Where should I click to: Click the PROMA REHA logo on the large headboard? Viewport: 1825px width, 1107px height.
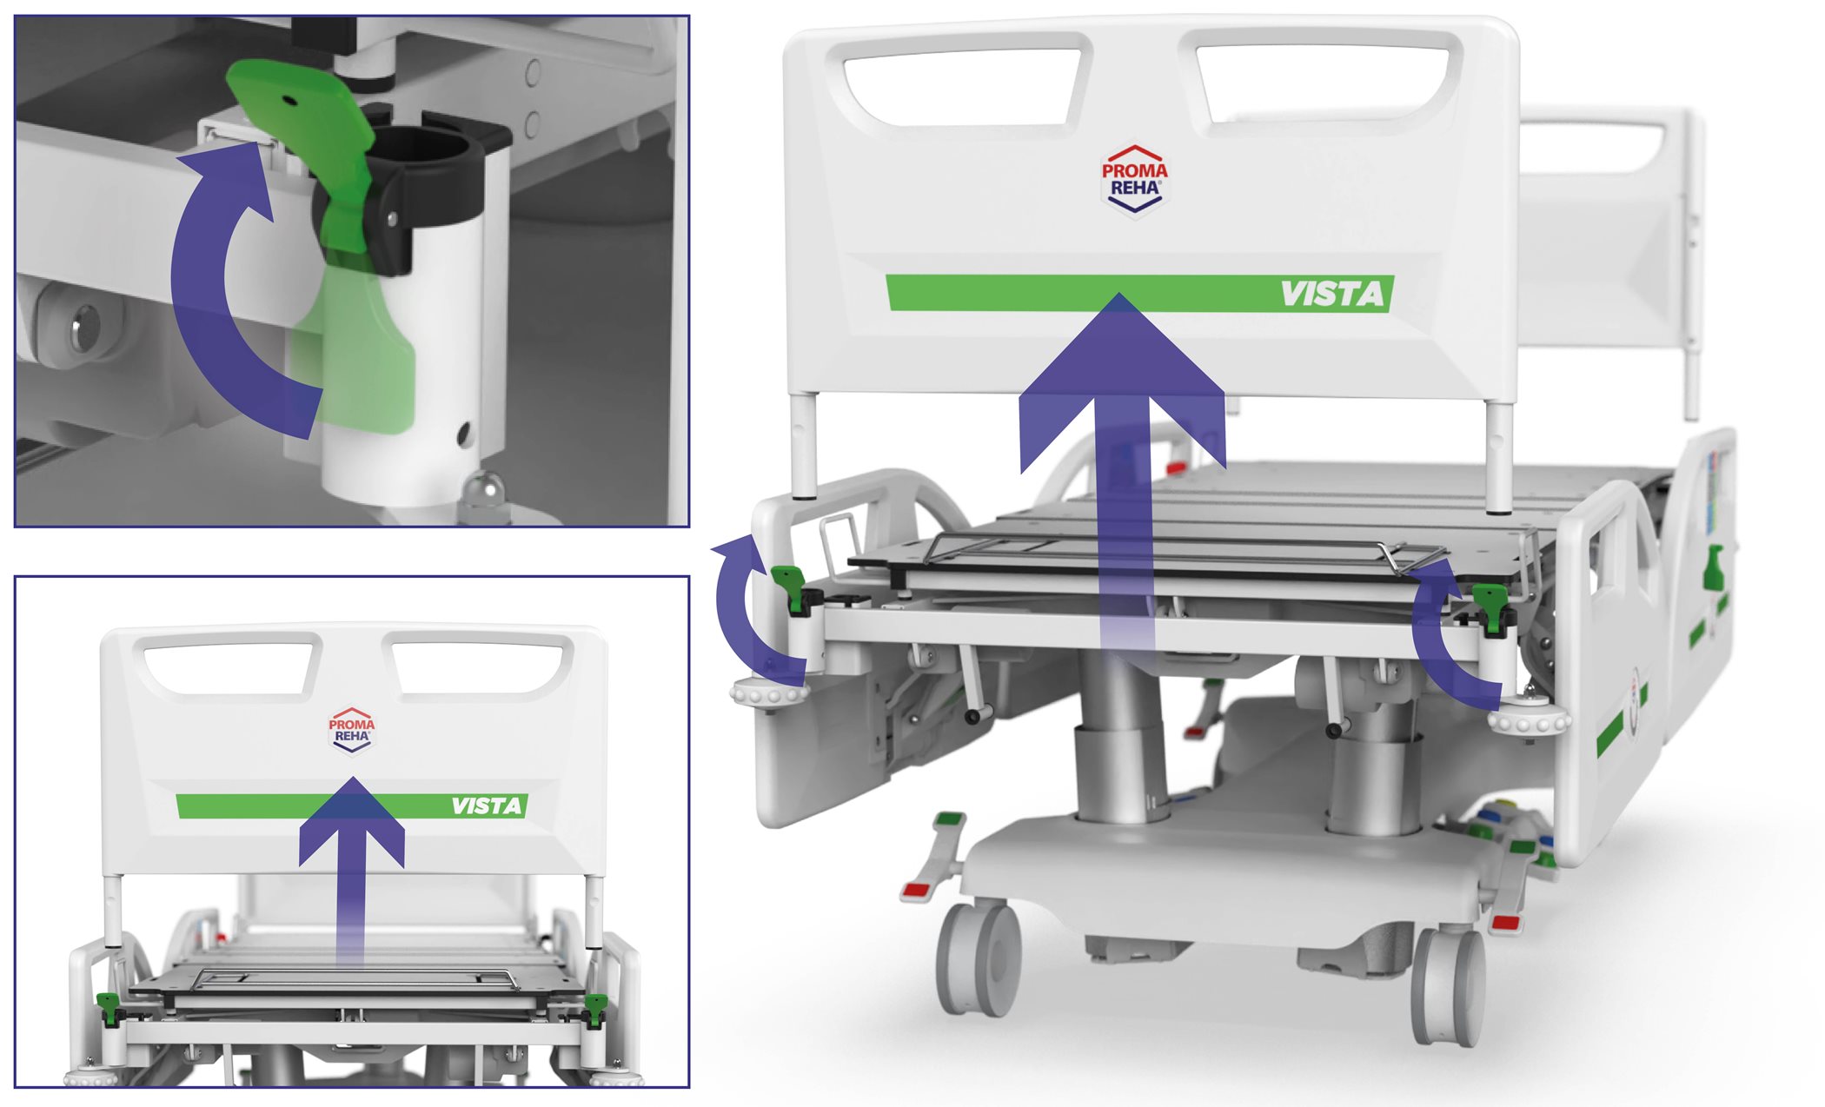[1135, 179]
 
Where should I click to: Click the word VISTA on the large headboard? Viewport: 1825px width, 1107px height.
[1332, 294]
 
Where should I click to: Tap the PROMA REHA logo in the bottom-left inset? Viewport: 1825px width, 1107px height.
[352, 730]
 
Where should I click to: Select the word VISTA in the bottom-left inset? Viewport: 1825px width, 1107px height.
[487, 806]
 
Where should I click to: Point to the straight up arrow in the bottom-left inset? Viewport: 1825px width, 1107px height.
[352, 869]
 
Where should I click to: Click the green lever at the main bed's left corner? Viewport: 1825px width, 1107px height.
[789, 585]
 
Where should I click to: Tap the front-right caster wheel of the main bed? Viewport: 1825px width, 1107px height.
[1449, 987]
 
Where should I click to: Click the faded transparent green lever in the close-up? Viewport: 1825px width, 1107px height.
[356, 348]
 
